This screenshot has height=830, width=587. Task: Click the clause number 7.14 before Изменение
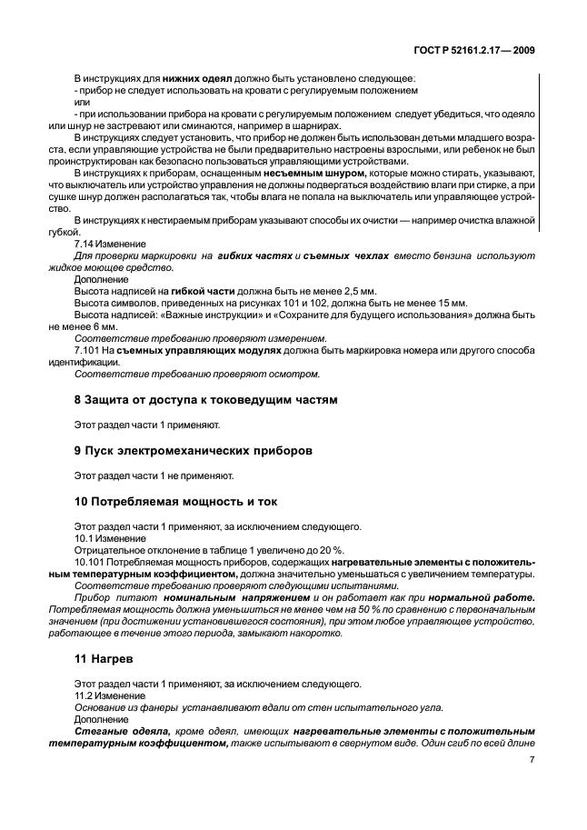click(85, 245)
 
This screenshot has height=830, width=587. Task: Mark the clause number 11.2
click(84, 694)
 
